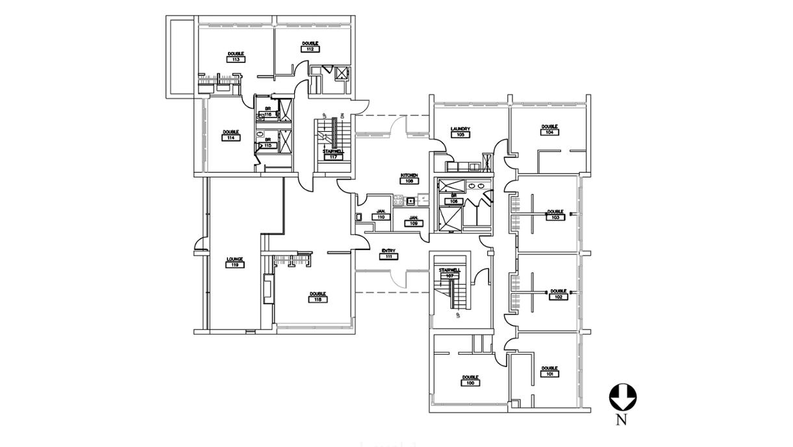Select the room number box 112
310,49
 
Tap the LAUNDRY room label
460,129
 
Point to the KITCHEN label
409,175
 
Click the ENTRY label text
389,251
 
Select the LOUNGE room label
234,259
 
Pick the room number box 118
318,300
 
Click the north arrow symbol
622,396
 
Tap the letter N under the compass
622,420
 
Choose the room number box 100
470,383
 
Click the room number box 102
559,297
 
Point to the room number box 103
555,217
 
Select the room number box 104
549,132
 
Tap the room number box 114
231,138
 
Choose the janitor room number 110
381,217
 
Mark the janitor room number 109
413,224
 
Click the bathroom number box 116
268,115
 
